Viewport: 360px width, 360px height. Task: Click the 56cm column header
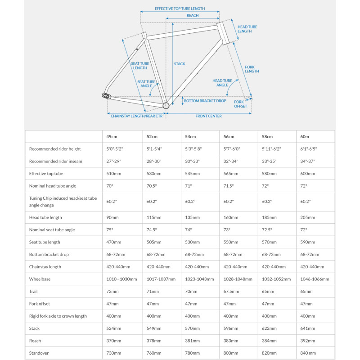pyautogui.click(x=229, y=136)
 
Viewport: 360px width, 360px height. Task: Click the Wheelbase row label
pyautogui.click(x=40, y=279)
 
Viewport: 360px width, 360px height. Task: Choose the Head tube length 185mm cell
pyautogui.click(x=269, y=217)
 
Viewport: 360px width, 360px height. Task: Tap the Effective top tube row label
pyautogui.click(x=46, y=173)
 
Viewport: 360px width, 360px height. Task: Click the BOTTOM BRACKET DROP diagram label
pyautogui.click(x=205, y=101)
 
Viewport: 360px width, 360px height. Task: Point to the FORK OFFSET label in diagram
pyautogui.click(x=240, y=104)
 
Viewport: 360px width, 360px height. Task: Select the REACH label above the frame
pyautogui.click(x=193, y=15)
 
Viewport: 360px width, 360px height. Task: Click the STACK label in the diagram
pyautogui.click(x=180, y=64)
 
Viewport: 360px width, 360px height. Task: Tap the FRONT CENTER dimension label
pyautogui.click(x=208, y=116)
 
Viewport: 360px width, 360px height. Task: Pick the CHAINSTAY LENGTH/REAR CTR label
pyautogui.click(x=136, y=116)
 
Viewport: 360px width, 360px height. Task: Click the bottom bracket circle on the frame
pyautogui.click(x=165, y=105)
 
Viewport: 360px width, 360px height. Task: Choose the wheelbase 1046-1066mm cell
pyautogui.click(x=314, y=279)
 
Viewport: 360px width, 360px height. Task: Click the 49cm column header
pyautogui.click(x=112, y=136)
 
